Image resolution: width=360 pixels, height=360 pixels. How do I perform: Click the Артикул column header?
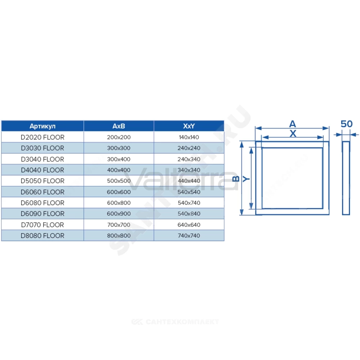42,126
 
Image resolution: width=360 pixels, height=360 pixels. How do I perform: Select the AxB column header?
119,126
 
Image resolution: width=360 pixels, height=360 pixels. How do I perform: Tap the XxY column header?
189,126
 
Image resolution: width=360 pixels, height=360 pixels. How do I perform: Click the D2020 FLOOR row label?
42,137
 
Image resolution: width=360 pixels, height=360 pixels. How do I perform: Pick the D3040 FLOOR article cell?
42,159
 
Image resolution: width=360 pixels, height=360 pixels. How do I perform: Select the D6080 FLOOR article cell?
42,203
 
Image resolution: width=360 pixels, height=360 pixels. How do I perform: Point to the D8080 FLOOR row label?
42,236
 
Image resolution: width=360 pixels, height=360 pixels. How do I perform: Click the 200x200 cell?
119,137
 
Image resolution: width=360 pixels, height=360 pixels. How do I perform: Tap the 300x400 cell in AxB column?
119,159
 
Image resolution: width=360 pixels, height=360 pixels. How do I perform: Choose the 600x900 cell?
119,214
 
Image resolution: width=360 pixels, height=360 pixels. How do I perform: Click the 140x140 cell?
189,137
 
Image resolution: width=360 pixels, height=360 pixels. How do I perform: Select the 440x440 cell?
189,181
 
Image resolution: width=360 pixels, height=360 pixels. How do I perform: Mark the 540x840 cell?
189,214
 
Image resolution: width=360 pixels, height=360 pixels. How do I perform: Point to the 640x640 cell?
189,225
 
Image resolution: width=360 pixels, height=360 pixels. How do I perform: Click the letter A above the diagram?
292,124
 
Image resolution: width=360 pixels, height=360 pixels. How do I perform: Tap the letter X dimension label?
293,134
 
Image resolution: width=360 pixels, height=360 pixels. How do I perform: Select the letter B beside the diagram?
236,179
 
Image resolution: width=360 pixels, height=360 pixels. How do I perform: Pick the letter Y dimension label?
246,179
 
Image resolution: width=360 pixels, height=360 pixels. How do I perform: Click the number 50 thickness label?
346,124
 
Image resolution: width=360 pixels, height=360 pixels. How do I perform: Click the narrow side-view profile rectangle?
343,178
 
